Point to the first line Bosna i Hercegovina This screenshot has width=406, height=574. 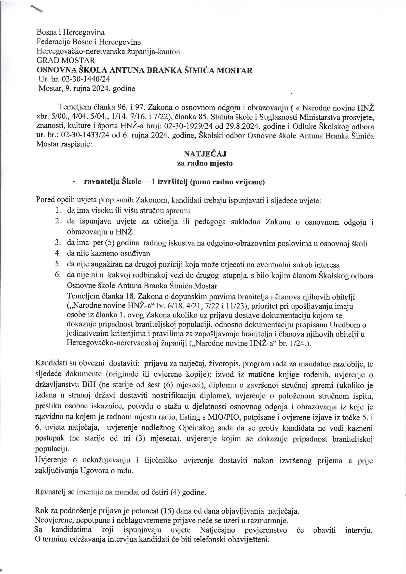(x=70, y=32)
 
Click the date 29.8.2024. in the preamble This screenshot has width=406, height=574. (x=241, y=126)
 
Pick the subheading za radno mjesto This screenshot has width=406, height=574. (x=205, y=164)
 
